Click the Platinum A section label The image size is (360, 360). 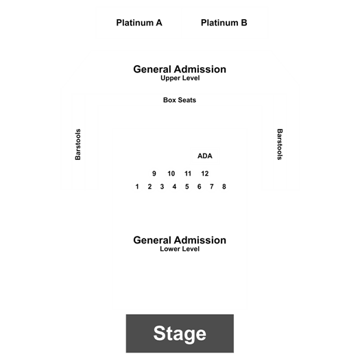pyautogui.click(x=139, y=23)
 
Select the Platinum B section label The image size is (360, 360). pyautogui.click(x=224, y=23)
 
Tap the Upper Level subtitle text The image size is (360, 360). pyautogui.click(x=180, y=78)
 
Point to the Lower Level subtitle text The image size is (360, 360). pyautogui.click(x=180, y=249)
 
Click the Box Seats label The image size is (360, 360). pyautogui.click(x=180, y=100)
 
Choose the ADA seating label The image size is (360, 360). pyautogui.click(x=205, y=156)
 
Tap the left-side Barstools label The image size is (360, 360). pyautogui.click(x=78, y=145)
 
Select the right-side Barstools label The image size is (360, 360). pyautogui.click(x=280, y=144)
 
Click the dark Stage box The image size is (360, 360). pyautogui.click(x=180, y=333)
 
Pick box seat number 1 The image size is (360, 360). pyautogui.click(x=137, y=187)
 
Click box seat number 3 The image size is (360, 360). pyautogui.click(x=162, y=187)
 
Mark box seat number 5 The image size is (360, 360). pyautogui.click(x=187, y=187)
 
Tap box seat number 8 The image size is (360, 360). pyautogui.click(x=224, y=187)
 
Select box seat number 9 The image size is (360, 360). pyautogui.click(x=154, y=173)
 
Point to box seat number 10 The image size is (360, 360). pyautogui.click(x=171, y=173)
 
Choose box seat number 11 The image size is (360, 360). pyautogui.click(x=188, y=173)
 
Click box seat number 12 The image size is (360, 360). pyautogui.click(x=205, y=173)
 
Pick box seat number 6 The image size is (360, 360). pyautogui.click(x=200, y=187)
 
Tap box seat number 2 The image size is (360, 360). pyautogui.click(x=149, y=187)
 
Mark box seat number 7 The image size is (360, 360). pyautogui.click(x=212, y=187)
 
